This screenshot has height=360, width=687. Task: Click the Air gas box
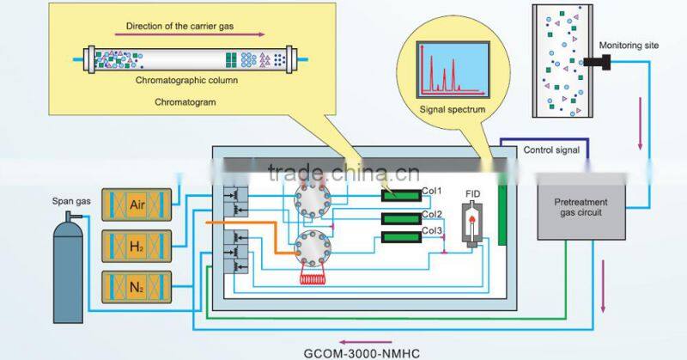(x=136, y=205)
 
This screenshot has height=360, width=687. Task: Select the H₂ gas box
(x=136, y=246)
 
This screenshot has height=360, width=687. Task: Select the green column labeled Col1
(x=400, y=195)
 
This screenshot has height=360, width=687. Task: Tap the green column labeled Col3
(x=400, y=235)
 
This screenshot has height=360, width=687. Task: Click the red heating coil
(x=310, y=277)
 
